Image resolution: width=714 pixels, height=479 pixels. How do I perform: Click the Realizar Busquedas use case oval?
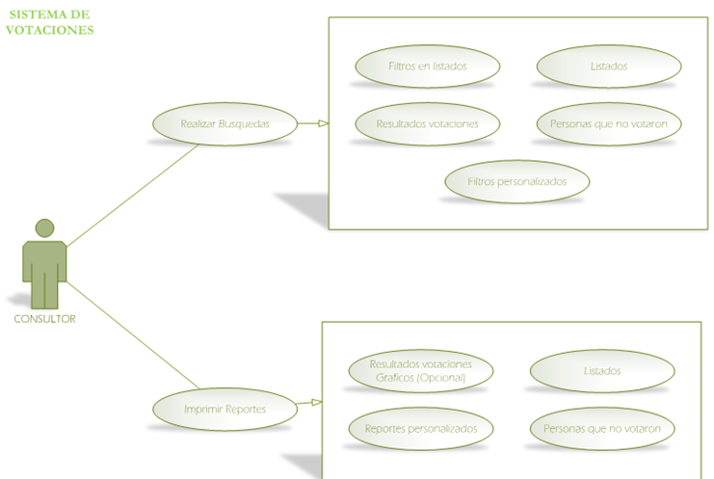225,123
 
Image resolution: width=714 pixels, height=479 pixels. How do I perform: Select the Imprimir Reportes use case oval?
225,409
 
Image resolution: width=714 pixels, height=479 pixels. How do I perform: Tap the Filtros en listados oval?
427,67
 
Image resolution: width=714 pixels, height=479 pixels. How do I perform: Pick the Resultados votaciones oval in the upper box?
427,123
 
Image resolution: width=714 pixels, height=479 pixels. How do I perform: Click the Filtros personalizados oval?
516,180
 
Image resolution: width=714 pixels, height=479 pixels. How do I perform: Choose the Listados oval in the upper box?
608,67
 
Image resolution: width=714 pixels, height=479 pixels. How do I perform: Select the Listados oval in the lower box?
602,370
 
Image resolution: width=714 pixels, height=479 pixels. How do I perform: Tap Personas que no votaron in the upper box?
608,123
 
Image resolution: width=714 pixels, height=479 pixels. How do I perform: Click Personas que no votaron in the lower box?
602,428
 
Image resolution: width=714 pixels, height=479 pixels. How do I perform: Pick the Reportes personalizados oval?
421,428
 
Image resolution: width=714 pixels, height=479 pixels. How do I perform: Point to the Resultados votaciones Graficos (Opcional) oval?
421,370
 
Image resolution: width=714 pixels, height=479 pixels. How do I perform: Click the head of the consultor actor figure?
44,228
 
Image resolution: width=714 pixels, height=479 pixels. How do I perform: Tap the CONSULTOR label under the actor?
44,319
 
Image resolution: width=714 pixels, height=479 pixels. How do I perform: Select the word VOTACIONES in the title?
49,30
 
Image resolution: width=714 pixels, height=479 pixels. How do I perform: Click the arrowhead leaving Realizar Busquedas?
323,123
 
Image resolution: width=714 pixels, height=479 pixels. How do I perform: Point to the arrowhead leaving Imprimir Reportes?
316,403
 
